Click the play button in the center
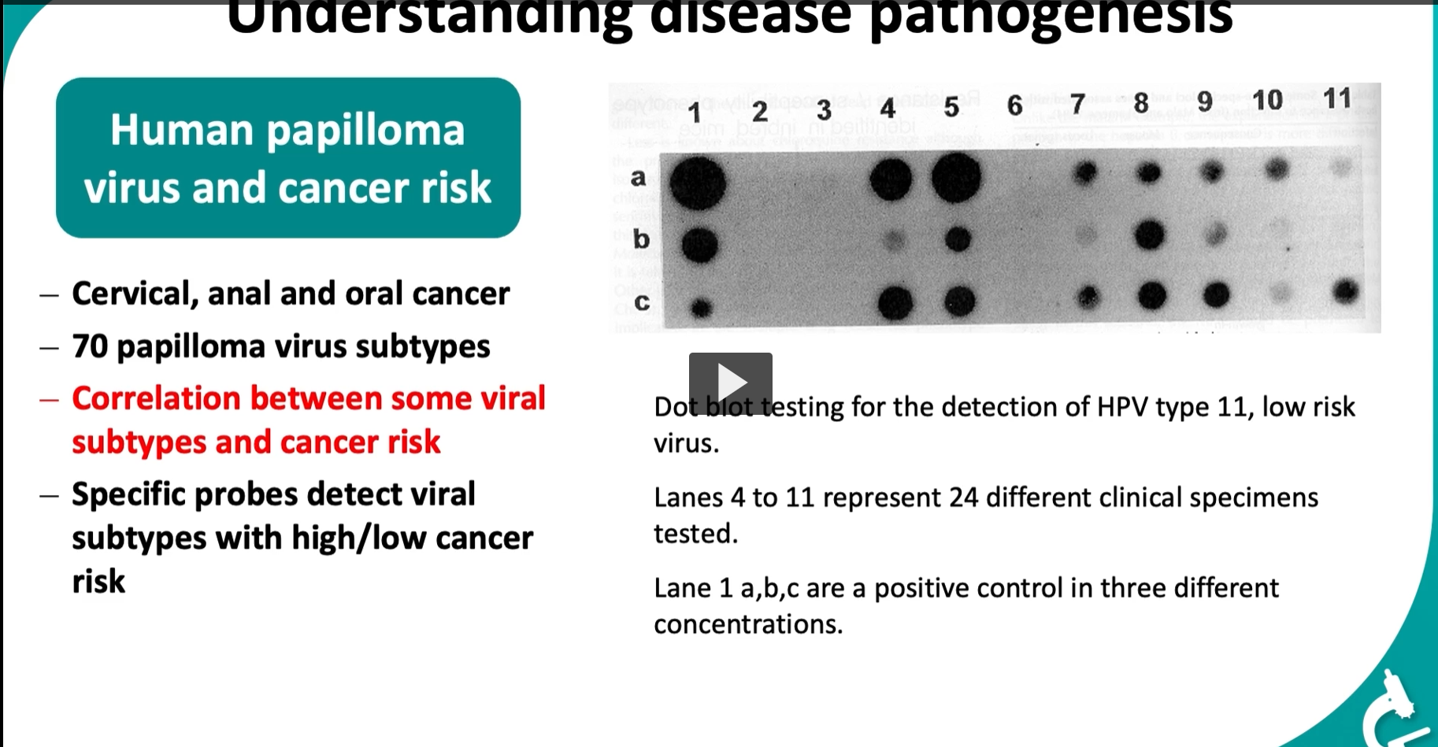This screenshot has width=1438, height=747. coord(730,383)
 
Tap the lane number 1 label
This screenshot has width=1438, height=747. coord(695,112)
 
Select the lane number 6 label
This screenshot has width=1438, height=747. coord(1014,105)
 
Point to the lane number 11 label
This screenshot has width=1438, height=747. coord(1337,98)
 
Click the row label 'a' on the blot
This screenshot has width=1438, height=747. coord(638,177)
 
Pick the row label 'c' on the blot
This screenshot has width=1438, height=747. coord(642,301)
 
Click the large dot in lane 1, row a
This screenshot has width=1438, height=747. coord(697,183)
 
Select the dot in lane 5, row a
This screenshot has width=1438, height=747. coord(956,177)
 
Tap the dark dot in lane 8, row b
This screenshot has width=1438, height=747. coord(1150,234)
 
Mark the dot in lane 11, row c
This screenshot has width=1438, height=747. coord(1346,292)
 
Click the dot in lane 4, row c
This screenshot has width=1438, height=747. coord(895,302)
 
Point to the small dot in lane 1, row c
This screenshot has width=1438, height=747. coord(700,307)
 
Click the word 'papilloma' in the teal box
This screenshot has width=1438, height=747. coord(365,131)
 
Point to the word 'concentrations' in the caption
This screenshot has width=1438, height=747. coord(747,624)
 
